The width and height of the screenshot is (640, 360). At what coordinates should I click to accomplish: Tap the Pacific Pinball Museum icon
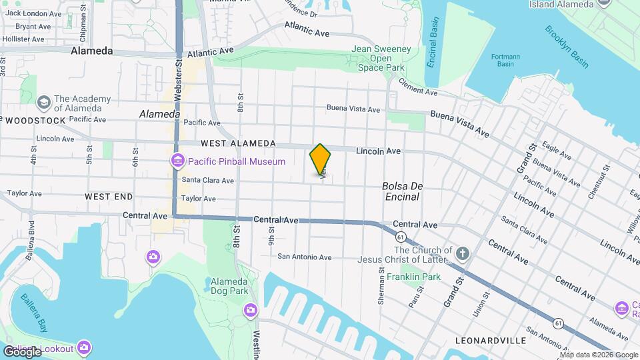tap(177, 161)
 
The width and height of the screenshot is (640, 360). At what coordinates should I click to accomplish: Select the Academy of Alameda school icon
tap(45, 103)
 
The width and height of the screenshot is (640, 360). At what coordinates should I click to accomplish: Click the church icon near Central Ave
tap(463, 253)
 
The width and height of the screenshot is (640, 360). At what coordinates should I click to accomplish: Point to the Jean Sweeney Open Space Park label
tap(379, 58)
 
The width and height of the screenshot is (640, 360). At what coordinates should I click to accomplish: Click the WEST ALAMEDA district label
tap(237, 143)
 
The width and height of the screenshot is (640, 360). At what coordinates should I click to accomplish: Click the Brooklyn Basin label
tap(566, 46)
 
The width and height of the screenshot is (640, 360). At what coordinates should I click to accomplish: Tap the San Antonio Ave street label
tap(304, 257)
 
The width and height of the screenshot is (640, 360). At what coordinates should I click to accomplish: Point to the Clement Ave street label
tap(418, 87)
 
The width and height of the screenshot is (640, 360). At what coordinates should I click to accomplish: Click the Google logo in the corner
tap(22, 351)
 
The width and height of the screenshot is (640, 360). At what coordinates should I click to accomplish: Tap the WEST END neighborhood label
tap(109, 197)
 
